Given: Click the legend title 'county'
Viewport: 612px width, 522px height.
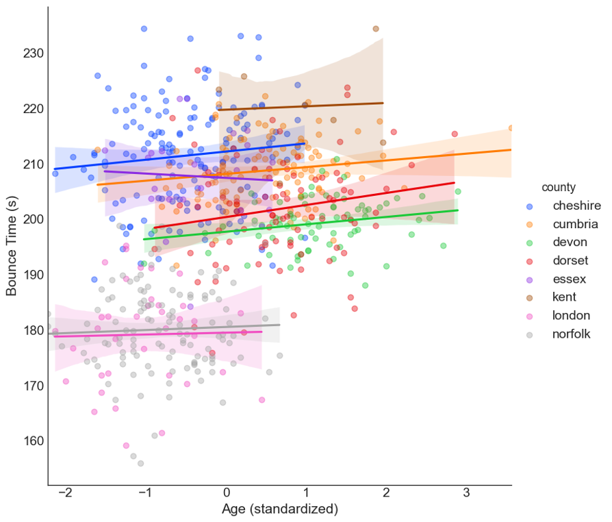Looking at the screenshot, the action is click(x=558, y=187).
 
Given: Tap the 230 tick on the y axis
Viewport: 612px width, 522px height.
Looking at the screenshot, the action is click(x=33, y=53).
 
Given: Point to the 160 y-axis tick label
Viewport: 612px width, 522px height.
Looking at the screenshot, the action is click(x=33, y=440).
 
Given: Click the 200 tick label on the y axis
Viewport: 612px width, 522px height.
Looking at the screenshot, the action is click(x=33, y=219).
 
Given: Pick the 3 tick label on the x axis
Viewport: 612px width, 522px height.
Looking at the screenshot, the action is click(x=466, y=493).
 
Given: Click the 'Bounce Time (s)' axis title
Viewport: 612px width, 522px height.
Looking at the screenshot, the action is click(x=12, y=245).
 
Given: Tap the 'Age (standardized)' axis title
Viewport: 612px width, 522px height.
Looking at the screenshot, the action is click(x=280, y=510).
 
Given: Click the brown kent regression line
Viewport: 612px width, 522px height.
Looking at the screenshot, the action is click(x=301, y=106).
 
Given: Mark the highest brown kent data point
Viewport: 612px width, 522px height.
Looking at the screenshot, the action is click(x=376, y=29).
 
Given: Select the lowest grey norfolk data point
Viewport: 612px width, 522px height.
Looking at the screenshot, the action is click(x=140, y=463).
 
